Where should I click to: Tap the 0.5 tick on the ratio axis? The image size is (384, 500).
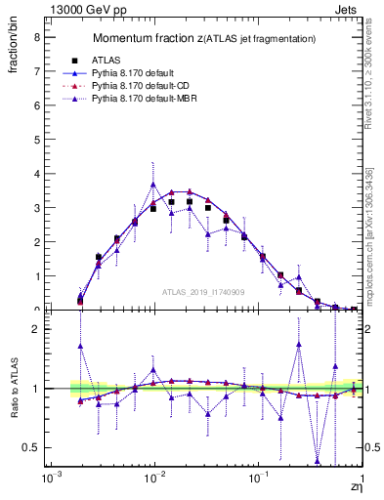pos(33,447)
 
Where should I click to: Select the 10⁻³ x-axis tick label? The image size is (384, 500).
pos(47,479)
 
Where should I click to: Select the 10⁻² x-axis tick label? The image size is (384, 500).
pos(152,479)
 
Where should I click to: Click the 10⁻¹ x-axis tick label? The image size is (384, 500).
pos(258,479)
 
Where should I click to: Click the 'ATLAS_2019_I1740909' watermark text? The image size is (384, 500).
pos(204,292)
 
